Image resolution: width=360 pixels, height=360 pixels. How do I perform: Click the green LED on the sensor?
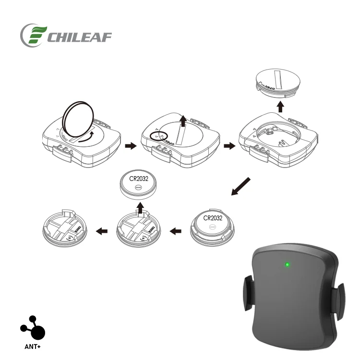coord(287,264)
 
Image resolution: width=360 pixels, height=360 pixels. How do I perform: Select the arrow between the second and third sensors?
coord(230,145)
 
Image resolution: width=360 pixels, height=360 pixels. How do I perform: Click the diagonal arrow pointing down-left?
coord(241,187)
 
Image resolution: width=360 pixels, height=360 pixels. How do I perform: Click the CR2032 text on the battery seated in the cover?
coord(213,217)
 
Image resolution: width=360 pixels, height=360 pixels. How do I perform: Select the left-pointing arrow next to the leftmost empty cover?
coord(102,231)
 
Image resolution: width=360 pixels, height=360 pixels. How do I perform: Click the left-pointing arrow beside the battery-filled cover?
coord(176,231)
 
